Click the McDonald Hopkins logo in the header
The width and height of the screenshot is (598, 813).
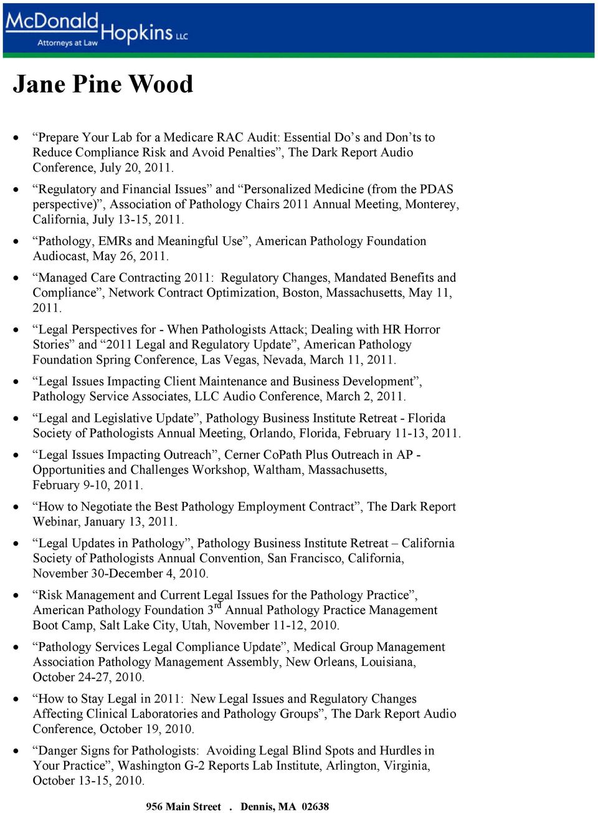click(97, 29)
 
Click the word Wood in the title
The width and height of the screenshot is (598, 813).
click(161, 84)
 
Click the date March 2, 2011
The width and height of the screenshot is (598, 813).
click(374, 397)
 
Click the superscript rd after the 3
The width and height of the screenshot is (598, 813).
click(217, 605)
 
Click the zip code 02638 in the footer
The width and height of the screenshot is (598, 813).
click(315, 807)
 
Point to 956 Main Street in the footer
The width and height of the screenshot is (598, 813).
click(183, 807)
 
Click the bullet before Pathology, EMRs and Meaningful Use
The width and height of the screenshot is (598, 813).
click(16, 241)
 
